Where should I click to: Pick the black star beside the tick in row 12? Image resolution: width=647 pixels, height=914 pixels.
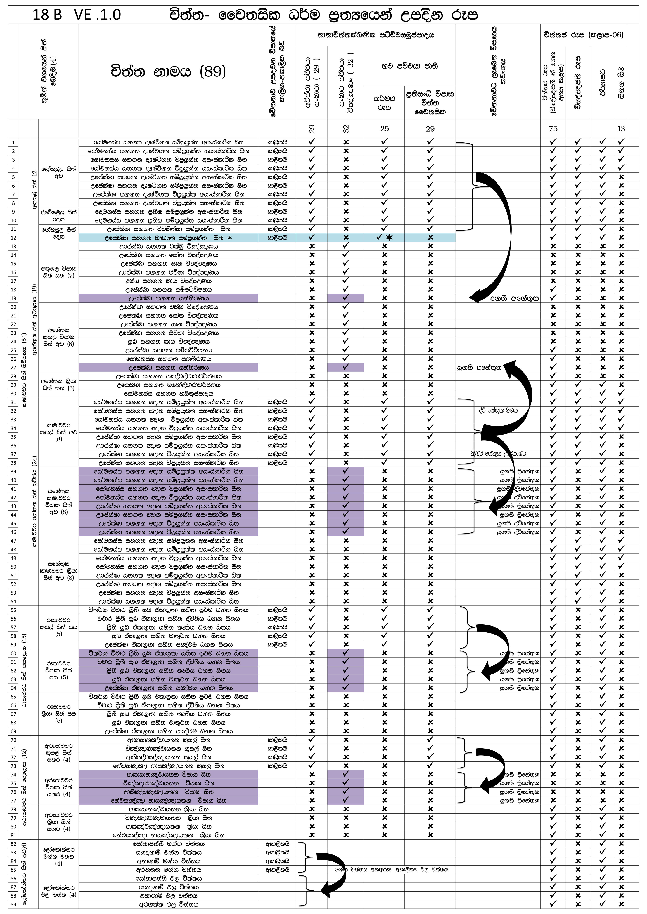pos(389,238)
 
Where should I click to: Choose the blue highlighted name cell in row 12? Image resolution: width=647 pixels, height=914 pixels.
pos(168,238)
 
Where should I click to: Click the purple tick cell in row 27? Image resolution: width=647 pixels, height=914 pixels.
pos(345,367)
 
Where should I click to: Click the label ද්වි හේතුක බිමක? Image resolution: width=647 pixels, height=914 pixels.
pos(498,410)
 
